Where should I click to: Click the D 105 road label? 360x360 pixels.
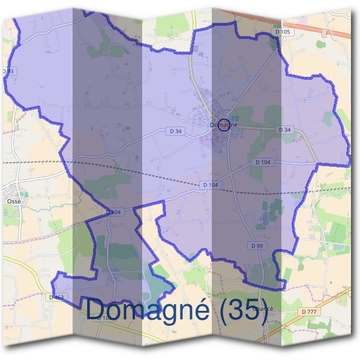click(x=285, y=32)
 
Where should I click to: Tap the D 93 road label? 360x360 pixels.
click(x=8, y=71)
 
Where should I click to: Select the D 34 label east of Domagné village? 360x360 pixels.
click(x=285, y=130)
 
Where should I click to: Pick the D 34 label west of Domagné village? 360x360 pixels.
click(x=175, y=130)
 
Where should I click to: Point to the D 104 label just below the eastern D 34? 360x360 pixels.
click(x=263, y=162)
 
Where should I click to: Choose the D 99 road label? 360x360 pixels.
click(x=257, y=246)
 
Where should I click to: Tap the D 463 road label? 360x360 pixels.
click(x=56, y=298)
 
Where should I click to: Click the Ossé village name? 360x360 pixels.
click(x=14, y=202)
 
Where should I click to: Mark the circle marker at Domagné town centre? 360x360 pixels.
click(x=224, y=125)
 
